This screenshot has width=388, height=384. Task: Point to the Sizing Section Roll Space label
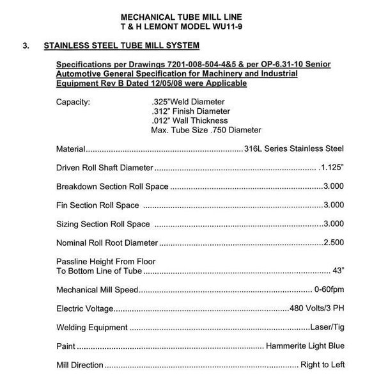pos(104,224)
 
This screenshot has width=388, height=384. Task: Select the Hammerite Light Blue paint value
pos(305,346)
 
